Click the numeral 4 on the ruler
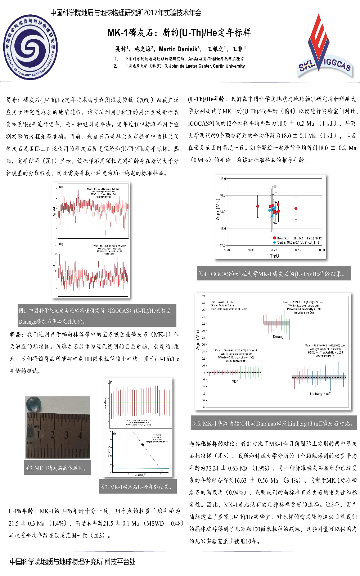(80, 435)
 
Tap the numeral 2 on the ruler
(53, 435)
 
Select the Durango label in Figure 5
(279, 337)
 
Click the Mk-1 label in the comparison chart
(235, 381)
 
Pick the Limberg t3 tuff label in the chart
(320, 394)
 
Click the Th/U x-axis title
(274, 256)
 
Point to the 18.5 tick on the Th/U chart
(223, 195)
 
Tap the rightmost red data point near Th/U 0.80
(296, 209)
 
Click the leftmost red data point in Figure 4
(258, 206)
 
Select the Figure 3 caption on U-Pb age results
(137, 487)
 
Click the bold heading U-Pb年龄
(22, 511)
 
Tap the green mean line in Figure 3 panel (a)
(140, 402)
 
